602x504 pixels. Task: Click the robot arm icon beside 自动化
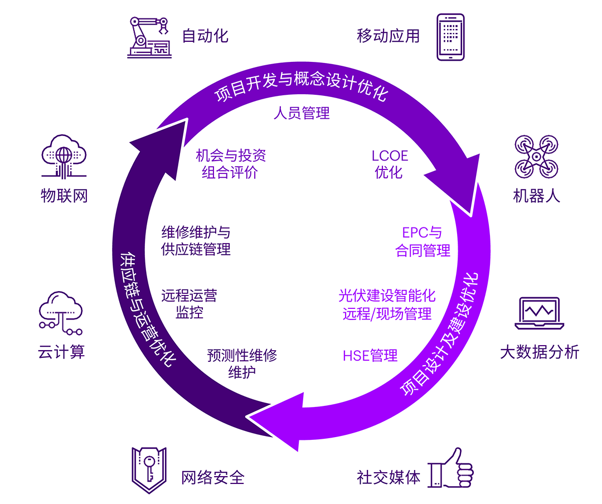(148, 37)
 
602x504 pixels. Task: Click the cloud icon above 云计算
(61, 312)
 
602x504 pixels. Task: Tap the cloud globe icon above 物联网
(65, 156)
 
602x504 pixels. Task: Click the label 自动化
(205, 36)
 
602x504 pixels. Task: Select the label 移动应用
(388, 36)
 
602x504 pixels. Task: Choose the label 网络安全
(213, 478)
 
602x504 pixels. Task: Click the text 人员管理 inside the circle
(302, 113)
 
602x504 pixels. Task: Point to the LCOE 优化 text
(390, 164)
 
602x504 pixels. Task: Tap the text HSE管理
(370, 355)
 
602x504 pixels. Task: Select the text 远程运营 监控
(189, 304)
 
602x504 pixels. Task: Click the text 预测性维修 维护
(242, 364)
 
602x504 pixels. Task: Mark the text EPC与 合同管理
(423, 242)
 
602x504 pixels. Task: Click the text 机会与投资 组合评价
(231, 164)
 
